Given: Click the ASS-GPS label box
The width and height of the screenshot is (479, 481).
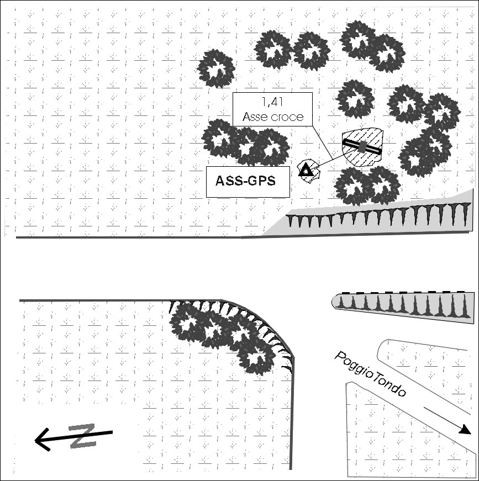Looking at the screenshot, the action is click(x=248, y=182).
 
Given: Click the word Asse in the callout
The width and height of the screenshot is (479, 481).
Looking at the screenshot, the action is click(x=254, y=117).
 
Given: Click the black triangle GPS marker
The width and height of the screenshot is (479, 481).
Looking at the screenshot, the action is click(x=306, y=170).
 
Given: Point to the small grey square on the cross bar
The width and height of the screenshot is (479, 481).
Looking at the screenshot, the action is click(x=362, y=146).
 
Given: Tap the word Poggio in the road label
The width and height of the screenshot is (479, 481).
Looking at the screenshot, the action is click(x=354, y=366).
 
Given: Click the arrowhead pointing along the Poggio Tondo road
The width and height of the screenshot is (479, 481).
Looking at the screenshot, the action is click(x=465, y=430).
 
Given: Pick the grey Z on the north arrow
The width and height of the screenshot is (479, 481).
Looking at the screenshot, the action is click(x=83, y=436).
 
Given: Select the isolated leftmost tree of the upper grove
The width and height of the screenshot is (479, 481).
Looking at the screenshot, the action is click(x=216, y=68).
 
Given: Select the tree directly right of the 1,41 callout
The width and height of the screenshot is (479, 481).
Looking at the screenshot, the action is click(x=355, y=98).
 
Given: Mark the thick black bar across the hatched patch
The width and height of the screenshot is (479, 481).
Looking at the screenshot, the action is click(x=362, y=146).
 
